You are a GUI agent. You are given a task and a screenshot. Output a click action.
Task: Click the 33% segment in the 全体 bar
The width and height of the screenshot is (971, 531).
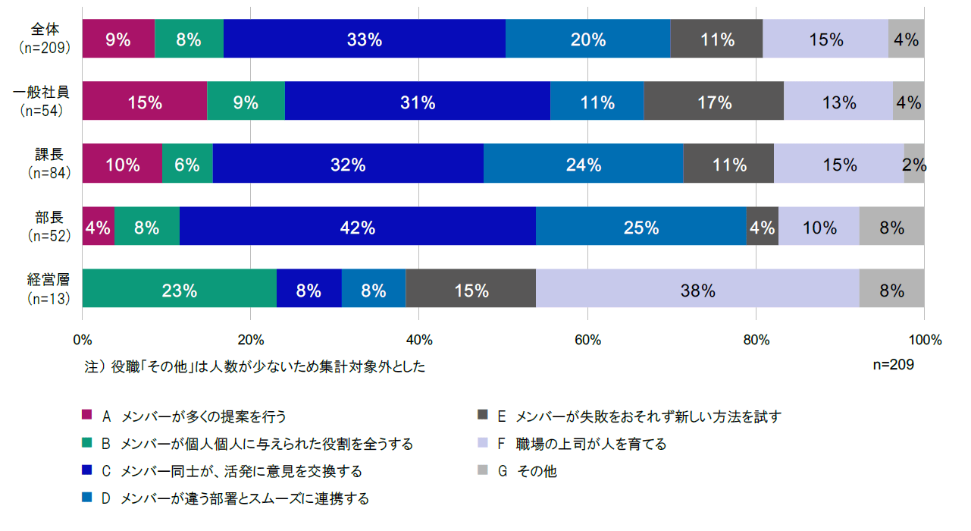[365, 39]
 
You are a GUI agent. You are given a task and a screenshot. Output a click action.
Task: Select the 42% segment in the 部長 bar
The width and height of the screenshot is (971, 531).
[358, 226]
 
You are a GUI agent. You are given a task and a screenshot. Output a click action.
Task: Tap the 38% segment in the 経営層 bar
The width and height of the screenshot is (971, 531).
[697, 288]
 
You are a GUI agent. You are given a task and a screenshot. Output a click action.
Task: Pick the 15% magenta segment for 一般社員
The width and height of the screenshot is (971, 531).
[144, 101]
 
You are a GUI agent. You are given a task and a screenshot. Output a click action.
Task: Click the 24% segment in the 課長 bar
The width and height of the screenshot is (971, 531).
[583, 164]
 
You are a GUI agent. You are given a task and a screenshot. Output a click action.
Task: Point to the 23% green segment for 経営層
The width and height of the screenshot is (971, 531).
[180, 288]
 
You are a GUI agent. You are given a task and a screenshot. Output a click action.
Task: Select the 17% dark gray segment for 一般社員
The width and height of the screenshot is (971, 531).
[713, 101]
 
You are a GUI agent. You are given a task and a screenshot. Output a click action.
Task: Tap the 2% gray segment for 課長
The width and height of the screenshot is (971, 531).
[914, 164]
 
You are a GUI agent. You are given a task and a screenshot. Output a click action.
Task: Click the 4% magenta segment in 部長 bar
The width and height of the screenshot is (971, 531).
[99, 226]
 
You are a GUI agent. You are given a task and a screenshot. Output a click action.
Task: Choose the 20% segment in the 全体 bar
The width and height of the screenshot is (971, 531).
[588, 39]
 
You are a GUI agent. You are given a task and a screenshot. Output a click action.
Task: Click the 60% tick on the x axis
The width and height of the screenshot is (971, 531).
[587, 339]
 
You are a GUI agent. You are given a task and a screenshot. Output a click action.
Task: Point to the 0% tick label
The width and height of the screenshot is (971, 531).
[82, 339]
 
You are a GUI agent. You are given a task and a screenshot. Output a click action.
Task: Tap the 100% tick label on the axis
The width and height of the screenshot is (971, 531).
[925, 339]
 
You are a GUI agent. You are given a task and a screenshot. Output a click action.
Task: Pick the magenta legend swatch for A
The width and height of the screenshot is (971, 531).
[87, 415]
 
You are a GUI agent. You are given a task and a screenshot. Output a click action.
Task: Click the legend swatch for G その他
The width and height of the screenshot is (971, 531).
[481, 470]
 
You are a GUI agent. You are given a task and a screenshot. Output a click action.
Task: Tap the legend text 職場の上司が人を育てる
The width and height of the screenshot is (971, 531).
[591, 444]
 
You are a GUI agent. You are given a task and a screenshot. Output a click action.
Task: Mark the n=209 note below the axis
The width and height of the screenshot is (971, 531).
[894, 364]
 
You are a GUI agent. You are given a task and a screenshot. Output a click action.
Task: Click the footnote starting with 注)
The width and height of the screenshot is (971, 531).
[255, 366]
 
